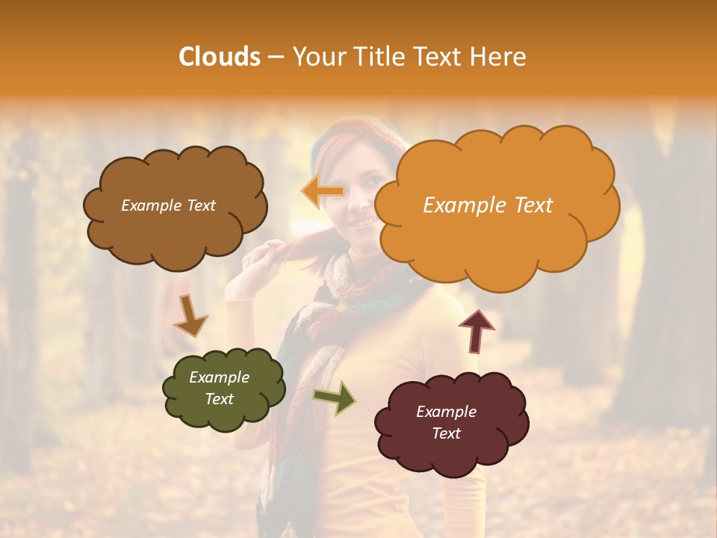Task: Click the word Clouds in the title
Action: point(220,57)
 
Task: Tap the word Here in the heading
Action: point(500,57)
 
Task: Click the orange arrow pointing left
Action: point(323,192)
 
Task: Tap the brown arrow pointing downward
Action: point(190,315)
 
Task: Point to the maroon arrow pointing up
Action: point(477,330)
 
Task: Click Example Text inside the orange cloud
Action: point(488,205)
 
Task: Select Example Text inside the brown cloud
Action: point(168,205)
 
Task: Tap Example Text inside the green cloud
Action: point(220,389)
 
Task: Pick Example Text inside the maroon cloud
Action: point(447,422)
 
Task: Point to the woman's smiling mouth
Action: point(364,221)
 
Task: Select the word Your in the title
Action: point(320,57)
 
